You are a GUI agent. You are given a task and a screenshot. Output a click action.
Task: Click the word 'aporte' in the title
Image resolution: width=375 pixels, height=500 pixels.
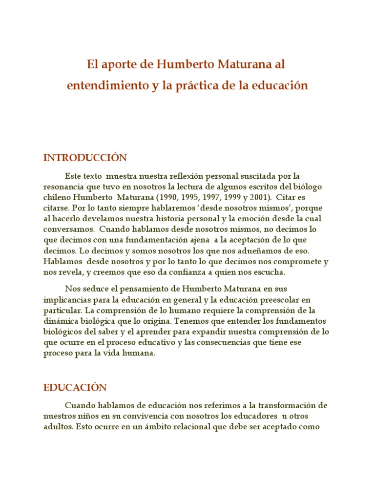[115, 64]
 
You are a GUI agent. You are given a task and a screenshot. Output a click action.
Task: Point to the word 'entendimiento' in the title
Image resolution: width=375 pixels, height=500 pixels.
[100, 85]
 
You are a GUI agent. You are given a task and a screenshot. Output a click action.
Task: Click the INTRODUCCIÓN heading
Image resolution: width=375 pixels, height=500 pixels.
[85, 158]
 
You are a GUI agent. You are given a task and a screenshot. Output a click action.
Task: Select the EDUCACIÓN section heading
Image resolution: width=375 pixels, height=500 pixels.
[75, 388]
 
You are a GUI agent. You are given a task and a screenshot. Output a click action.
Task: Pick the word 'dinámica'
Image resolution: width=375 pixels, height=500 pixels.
[60, 321]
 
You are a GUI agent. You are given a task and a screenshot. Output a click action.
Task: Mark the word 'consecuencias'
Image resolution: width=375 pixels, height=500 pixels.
[222, 343]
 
